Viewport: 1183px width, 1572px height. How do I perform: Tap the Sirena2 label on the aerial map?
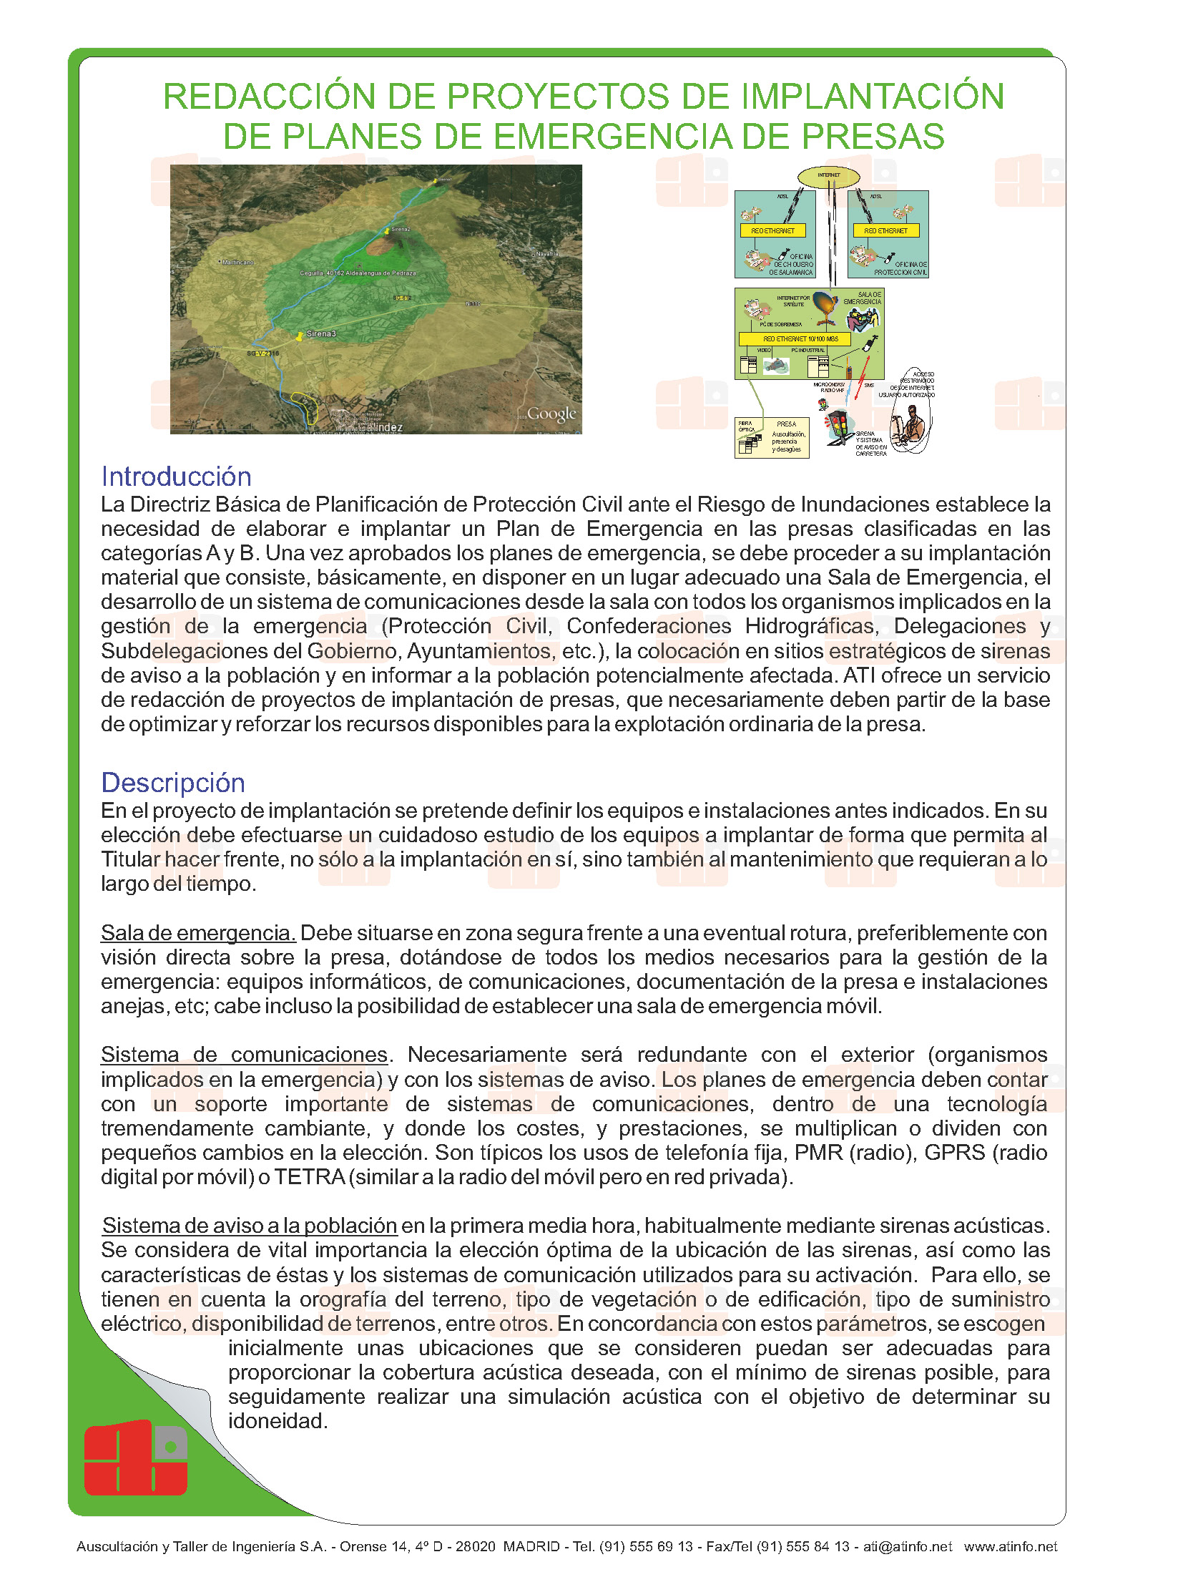[x=400, y=230]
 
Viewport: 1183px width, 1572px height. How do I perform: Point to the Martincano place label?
[x=238, y=263]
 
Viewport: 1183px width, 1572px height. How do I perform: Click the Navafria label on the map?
[x=547, y=254]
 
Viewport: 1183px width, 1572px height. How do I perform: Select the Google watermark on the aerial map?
[x=551, y=414]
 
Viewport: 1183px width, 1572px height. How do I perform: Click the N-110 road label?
[x=473, y=303]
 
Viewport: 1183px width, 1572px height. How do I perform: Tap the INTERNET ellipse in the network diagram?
[x=829, y=175]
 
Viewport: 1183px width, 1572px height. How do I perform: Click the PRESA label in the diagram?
[x=786, y=424]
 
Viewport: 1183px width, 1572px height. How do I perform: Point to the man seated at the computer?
[x=910, y=426]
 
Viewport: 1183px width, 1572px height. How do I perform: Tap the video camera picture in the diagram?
[x=775, y=366]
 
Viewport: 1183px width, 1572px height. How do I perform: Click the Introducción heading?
[x=176, y=477]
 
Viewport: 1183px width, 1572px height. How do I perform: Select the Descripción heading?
[x=173, y=783]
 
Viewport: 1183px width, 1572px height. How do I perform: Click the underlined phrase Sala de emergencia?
[x=198, y=933]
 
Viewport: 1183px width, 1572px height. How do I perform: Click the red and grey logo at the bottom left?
[x=136, y=1458]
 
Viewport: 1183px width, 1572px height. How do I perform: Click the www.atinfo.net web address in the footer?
[x=1010, y=1546]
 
